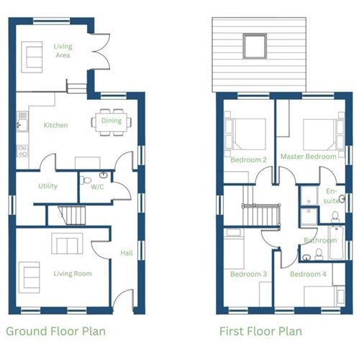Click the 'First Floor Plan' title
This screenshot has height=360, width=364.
click(x=260, y=331)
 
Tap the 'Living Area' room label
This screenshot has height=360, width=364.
click(x=63, y=51)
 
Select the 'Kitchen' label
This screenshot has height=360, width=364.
click(x=55, y=125)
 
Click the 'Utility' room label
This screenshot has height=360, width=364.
click(x=47, y=186)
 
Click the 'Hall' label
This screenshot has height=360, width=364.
click(x=127, y=252)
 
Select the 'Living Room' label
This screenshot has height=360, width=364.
click(x=73, y=274)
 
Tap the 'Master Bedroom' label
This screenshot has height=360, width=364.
click(x=309, y=156)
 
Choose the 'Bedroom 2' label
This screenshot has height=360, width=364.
click(x=249, y=160)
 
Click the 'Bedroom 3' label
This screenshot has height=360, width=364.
click(x=249, y=274)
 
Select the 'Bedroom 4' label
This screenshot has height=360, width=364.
click(x=309, y=274)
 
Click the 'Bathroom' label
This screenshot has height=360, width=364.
click(x=319, y=241)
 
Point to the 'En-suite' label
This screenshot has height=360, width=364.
click(x=331, y=196)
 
